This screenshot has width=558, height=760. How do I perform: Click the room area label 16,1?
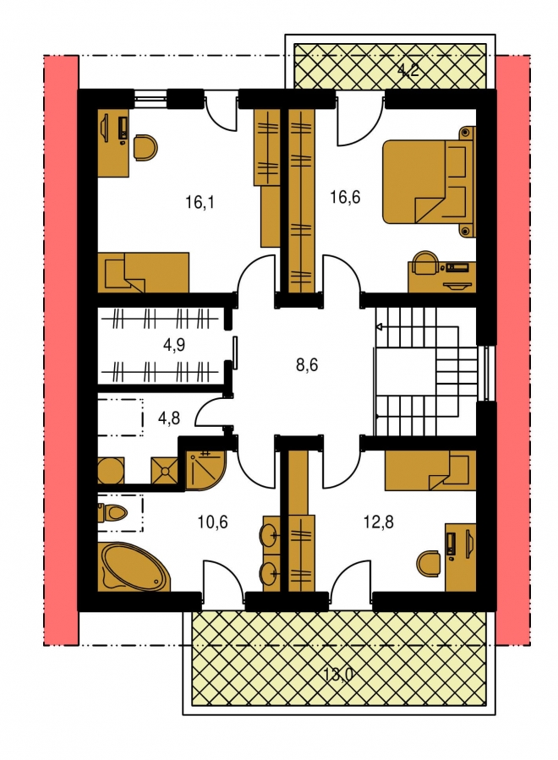coord(200,202)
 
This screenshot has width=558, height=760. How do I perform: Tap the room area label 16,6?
coord(345,197)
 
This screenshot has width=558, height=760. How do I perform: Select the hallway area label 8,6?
coord(307,364)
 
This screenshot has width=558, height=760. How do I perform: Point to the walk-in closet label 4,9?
coord(174,345)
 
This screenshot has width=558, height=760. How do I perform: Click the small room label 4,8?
coord(169,418)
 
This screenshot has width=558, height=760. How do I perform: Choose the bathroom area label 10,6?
coord(213,522)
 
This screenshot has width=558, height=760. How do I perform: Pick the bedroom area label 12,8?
coord(378,522)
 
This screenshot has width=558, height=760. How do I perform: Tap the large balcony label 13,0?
coord(339,674)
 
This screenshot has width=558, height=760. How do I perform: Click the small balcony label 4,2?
coord(408,71)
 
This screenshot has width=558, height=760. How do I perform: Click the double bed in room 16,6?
coord(429,181)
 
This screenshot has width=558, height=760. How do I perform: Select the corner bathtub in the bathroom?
coord(134,567)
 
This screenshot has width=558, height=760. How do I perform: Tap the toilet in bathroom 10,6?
coord(112,512)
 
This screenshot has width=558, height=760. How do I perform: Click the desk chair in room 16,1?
coord(145,147)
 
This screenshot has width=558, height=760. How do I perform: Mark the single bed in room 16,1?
coord(143,272)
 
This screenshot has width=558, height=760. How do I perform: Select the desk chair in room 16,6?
coord(425,263)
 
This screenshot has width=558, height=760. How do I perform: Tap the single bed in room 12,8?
coord(430,470)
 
